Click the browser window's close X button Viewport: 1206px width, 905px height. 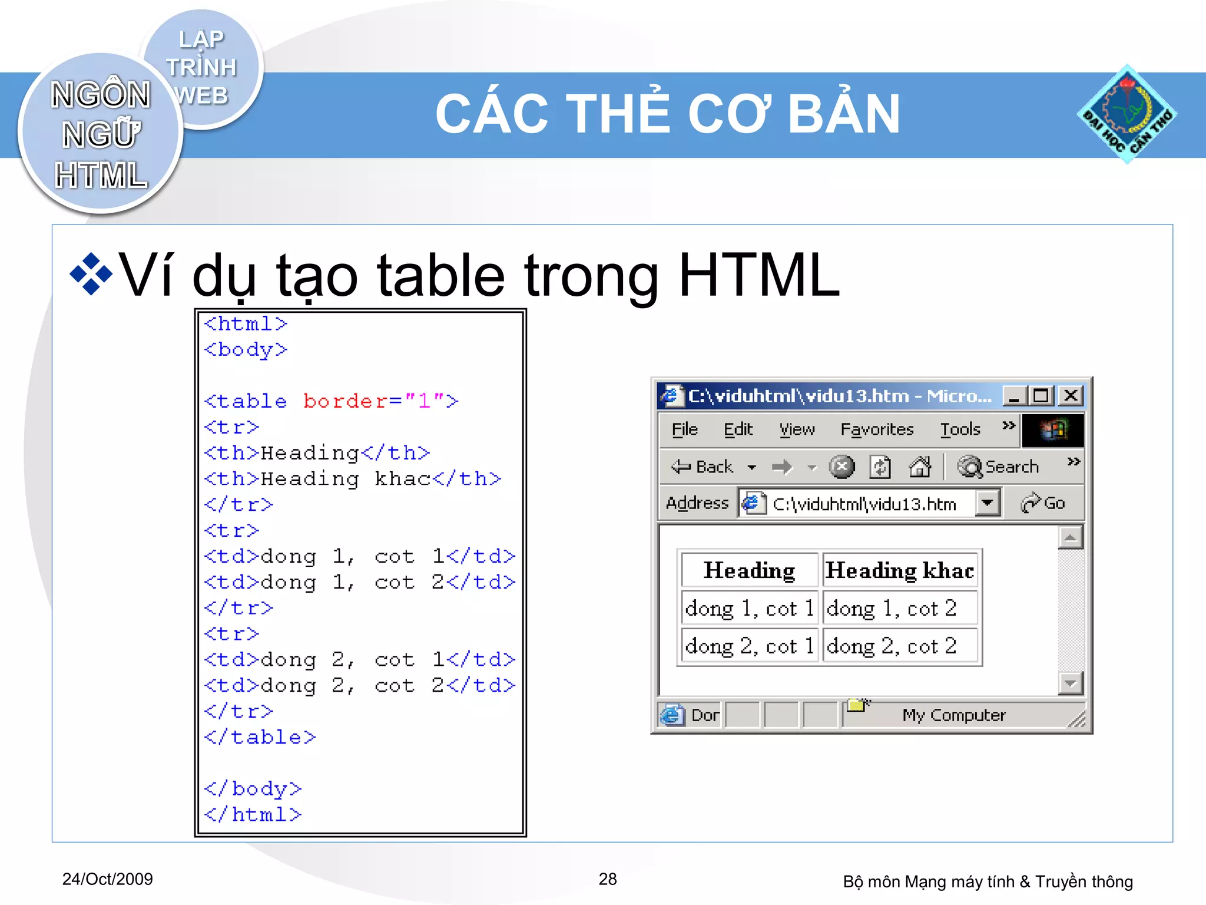1071,395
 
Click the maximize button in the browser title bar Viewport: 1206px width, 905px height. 1041,395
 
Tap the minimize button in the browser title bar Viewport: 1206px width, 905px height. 1013,395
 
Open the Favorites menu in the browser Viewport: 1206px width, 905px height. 876,430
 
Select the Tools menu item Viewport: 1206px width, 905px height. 960,430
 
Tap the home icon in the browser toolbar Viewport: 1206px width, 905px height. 919,467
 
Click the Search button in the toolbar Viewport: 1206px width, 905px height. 999,467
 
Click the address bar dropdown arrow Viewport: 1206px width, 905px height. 988,503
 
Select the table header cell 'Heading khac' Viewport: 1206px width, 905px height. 899,570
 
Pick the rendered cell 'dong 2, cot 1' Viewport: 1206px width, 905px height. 749,646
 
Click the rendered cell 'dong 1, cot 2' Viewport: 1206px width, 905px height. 892,609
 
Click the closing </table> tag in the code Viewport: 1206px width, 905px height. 260,738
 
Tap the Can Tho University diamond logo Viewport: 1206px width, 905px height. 1127,114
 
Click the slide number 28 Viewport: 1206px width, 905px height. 608,879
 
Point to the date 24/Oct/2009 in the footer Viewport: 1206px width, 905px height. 107,879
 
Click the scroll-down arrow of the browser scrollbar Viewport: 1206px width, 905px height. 1070,683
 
